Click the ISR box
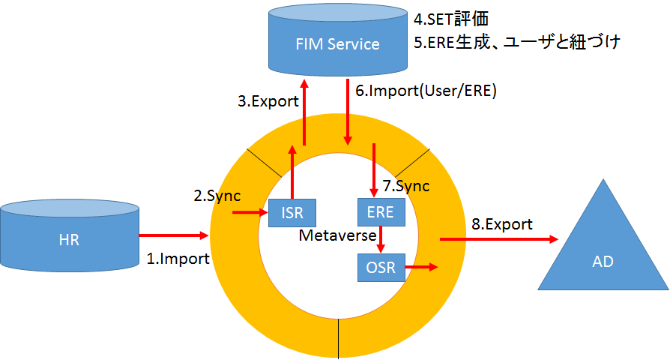coord(292,212)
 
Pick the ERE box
coord(381,212)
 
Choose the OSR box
coord(381,266)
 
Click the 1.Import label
coord(178,259)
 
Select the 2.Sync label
coord(217,196)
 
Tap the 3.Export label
coord(268,101)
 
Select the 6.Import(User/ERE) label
coord(426,91)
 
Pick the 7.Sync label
coord(406,186)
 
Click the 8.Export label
coord(501,223)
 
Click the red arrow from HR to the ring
coord(173,235)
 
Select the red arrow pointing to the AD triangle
coord(499,239)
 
